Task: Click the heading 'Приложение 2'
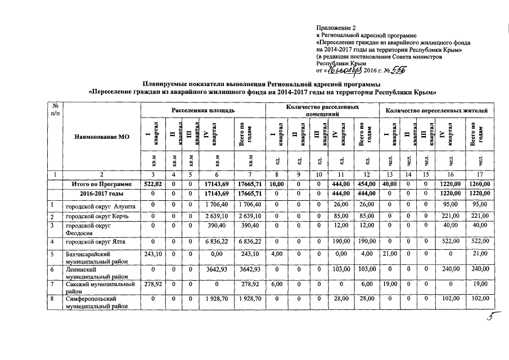point(336,27)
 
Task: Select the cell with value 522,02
point(153,184)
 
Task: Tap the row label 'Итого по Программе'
point(101,184)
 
